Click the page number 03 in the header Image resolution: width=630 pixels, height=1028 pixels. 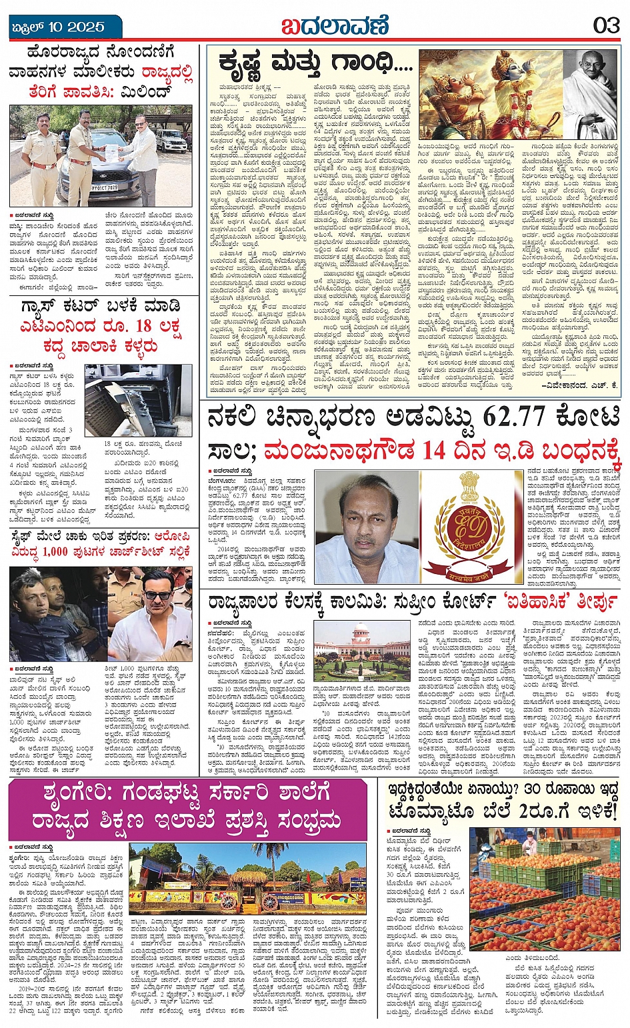[x=606, y=26]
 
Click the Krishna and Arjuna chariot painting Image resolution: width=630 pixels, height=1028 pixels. [x=490, y=93]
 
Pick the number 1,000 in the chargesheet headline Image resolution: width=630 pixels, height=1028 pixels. [x=56, y=551]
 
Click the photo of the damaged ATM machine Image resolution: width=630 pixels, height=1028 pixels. [x=138, y=399]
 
